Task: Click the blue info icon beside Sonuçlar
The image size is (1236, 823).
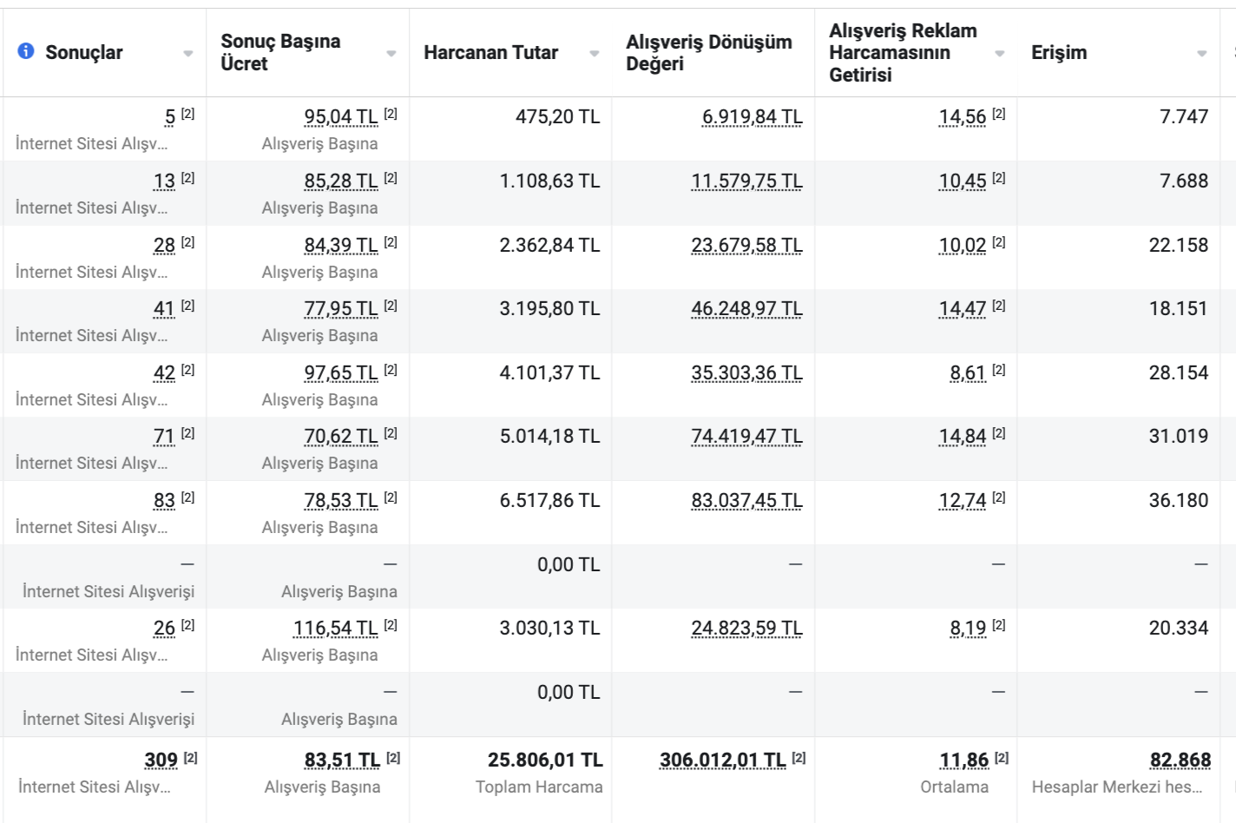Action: tap(26, 51)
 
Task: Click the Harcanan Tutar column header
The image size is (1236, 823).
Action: tap(490, 53)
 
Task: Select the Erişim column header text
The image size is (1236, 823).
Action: tap(1058, 53)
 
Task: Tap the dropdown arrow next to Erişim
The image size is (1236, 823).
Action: tap(1201, 54)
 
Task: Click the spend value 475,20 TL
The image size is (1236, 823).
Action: tap(557, 117)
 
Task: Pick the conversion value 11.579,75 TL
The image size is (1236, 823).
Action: tap(746, 181)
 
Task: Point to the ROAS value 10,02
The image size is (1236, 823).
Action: tap(963, 246)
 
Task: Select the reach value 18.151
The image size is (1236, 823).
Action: tap(1178, 309)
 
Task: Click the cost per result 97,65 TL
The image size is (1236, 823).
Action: tap(341, 373)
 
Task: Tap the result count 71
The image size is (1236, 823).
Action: tap(164, 437)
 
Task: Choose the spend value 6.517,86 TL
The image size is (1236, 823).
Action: tap(549, 501)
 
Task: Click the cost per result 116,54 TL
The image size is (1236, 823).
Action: tap(336, 629)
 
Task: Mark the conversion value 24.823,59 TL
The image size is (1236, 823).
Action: tap(746, 629)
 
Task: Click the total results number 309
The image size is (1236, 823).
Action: tap(161, 760)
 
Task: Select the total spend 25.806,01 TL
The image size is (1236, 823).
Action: tap(545, 760)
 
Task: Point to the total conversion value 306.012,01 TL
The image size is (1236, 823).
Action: tap(722, 760)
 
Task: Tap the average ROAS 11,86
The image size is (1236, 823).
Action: tap(964, 760)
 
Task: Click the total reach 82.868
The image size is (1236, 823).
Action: tap(1180, 760)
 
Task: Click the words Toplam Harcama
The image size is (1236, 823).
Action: tap(539, 787)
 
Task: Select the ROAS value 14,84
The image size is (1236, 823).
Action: tap(963, 437)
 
